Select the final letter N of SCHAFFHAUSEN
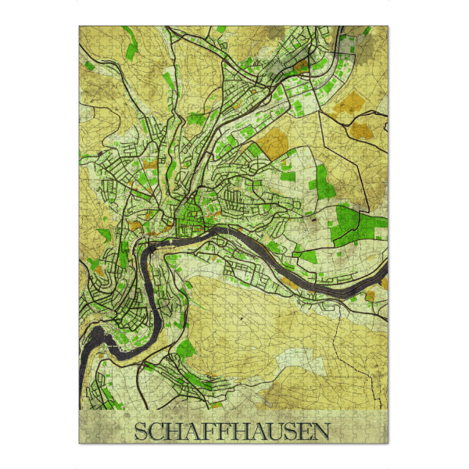[x=321, y=431]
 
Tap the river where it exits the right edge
[x=382, y=280]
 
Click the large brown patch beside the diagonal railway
[x=274, y=141]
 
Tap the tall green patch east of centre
[x=320, y=180]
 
